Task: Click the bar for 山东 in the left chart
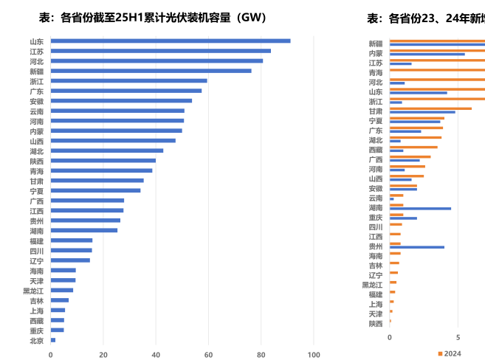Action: [x=170, y=41]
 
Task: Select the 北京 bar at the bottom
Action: [x=53, y=340]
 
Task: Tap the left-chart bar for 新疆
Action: [x=151, y=71]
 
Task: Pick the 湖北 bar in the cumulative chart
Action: [x=107, y=150]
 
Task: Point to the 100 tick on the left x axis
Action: [x=314, y=355]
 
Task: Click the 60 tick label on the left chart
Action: [x=209, y=355]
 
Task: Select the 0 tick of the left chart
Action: [x=51, y=355]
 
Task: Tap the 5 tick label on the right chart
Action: [x=458, y=338]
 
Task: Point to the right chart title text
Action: [x=425, y=17]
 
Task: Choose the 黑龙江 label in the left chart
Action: [x=33, y=291]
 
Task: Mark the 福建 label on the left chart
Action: [x=36, y=240]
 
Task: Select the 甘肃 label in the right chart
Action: [x=376, y=111]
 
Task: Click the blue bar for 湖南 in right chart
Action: [x=420, y=209]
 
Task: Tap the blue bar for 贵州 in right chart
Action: [x=417, y=247]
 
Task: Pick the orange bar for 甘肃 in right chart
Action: [x=430, y=108]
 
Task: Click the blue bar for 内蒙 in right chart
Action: [x=427, y=55]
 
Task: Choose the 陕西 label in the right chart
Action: [x=376, y=323]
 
